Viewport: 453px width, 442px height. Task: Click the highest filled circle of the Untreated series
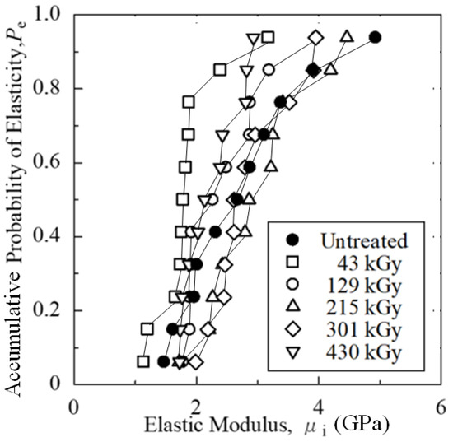pos(375,37)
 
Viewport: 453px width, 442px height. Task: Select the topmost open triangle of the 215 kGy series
pos(347,36)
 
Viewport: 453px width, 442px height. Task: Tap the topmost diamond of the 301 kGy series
pos(315,37)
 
